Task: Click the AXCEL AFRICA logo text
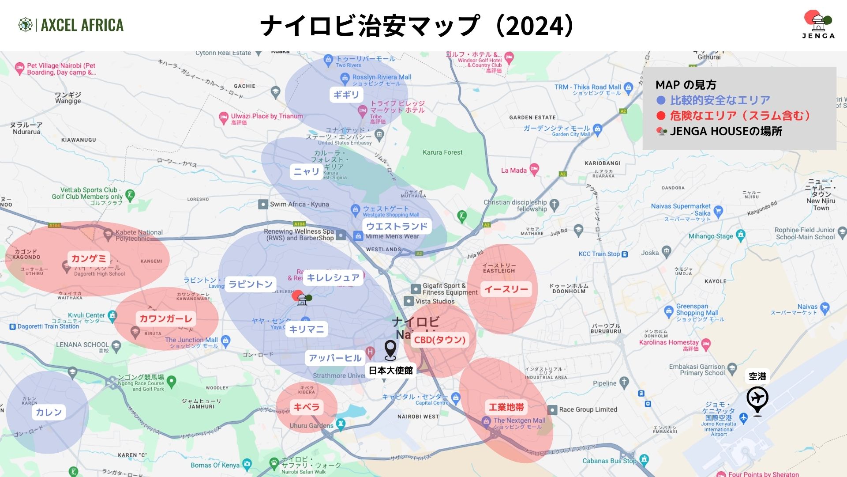pos(82,25)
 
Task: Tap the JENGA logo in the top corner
pos(818,25)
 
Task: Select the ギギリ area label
pos(346,95)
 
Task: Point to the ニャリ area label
pos(307,171)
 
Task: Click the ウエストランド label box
pos(397,227)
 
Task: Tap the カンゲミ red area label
pos(89,258)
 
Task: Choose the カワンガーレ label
pos(166,318)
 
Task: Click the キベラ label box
pos(306,407)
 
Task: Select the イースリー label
pos(506,289)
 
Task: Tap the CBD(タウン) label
pos(440,340)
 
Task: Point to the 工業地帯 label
pos(506,407)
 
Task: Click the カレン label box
pos(49,412)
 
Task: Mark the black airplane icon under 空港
pos(757,399)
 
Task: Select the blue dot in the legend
pos(661,100)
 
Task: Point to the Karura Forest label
pos(442,152)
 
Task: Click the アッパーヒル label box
pos(335,358)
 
